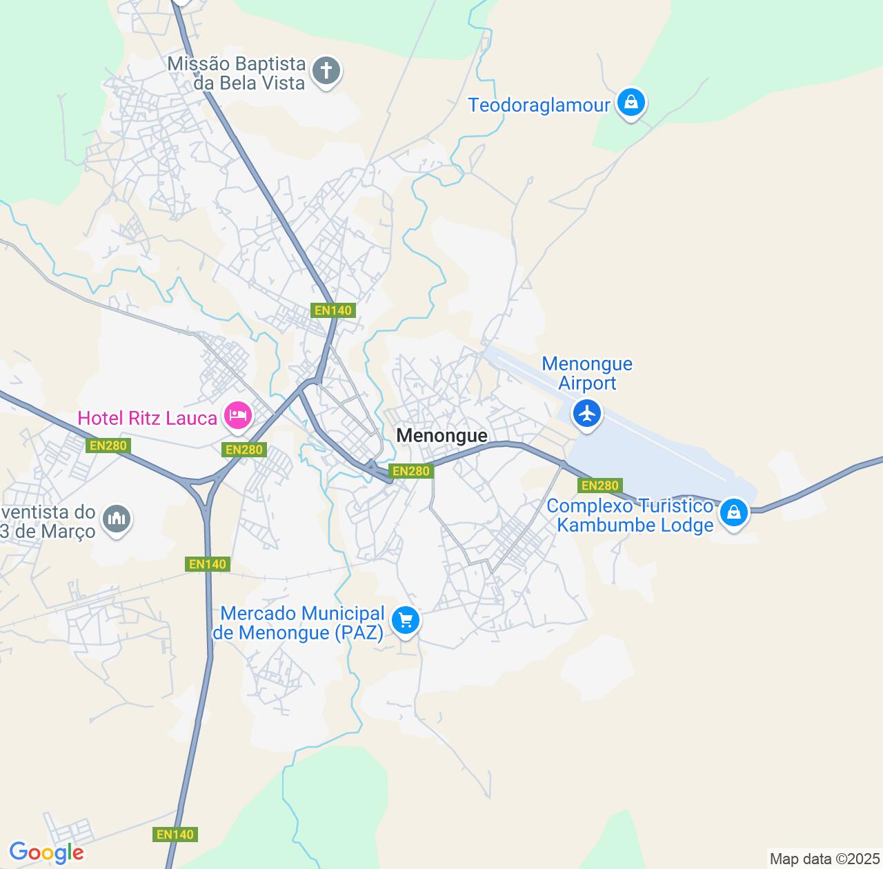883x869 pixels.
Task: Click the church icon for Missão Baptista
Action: [x=327, y=70]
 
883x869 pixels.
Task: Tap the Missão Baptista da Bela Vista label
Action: [x=236, y=73]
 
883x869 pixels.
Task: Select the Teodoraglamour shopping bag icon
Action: [x=631, y=103]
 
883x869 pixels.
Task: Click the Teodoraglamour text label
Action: [x=539, y=106]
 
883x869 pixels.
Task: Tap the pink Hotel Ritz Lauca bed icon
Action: [x=237, y=415]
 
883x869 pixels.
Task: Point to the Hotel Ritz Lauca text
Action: [x=147, y=418]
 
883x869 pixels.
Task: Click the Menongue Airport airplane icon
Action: [x=587, y=414]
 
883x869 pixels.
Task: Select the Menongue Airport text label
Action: [x=587, y=373]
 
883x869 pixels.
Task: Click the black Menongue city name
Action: [x=442, y=435]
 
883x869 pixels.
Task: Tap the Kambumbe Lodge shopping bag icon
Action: [x=734, y=513]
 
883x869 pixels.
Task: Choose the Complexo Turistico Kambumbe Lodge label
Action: [x=630, y=515]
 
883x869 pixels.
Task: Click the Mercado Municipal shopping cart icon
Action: [x=405, y=621]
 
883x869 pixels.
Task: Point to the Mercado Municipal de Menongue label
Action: [x=299, y=623]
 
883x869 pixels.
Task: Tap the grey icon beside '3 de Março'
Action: [x=116, y=518]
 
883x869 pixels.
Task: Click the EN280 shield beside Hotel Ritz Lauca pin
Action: [x=245, y=450]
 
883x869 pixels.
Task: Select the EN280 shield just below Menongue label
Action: [x=410, y=471]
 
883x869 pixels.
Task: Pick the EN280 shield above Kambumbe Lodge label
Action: [x=600, y=486]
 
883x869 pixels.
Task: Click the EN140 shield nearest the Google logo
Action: [x=175, y=835]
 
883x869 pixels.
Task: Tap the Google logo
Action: [x=46, y=852]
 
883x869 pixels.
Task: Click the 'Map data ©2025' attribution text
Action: [x=824, y=859]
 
